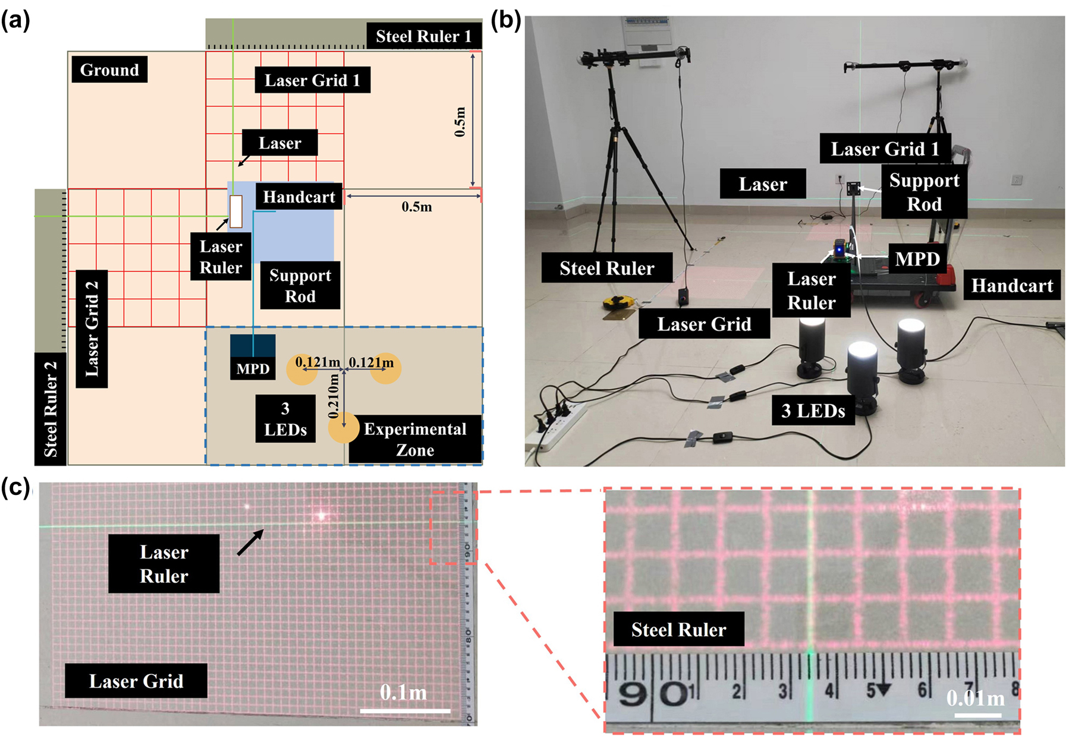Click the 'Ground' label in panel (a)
pos(109,70)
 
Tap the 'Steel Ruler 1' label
pos(423,36)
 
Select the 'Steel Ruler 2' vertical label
pos(51,408)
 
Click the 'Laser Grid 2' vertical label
pos(92,329)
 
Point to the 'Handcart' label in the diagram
pos(299,197)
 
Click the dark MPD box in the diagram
pos(253,346)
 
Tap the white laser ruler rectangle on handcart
pos(236,211)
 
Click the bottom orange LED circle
pos(344,427)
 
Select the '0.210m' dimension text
pos(334,395)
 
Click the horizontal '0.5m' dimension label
pos(416,207)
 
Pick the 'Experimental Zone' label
pos(415,439)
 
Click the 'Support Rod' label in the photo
pos(924,192)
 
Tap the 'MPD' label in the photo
pos(917,258)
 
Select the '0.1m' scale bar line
pos(405,711)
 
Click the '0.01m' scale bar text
pos(976,698)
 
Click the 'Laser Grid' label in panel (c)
pos(136,680)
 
